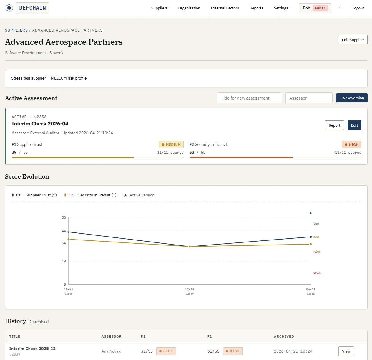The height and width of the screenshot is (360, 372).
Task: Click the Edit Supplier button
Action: click(353, 40)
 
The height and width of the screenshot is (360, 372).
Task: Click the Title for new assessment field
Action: click(249, 98)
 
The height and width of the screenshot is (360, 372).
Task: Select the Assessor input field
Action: click(309, 98)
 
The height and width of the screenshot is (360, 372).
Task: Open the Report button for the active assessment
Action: click(334, 125)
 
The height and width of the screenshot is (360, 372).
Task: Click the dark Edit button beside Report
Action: click(354, 125)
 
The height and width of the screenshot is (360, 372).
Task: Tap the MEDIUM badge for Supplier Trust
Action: click(171, 144)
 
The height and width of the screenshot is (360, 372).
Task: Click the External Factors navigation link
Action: click(225, 8)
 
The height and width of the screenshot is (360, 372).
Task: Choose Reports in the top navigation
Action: click(256, 8)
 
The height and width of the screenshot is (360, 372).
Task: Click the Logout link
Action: click(358, 8)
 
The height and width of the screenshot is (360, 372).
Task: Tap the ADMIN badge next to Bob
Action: click(320, 8)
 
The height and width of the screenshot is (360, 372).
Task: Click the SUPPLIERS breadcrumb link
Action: click(16, 30)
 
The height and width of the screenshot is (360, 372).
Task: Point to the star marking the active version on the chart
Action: click(310, 213)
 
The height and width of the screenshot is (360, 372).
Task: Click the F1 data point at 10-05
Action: click(69, 232)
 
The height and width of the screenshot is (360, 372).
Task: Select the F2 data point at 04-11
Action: click(310, 244)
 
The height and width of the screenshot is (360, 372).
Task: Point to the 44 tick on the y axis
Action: click(64, 231)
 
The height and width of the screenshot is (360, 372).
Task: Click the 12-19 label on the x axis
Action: click(190, 289)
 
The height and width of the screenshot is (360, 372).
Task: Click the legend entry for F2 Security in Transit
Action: click(90, 195)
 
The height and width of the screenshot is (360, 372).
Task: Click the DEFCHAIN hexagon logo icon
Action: click(9, 8)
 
